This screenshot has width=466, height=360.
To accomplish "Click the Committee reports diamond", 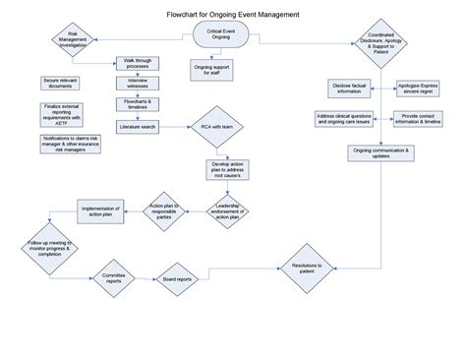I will [x=115, y=280].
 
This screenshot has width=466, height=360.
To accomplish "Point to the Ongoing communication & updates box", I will [x=378, y=152].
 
